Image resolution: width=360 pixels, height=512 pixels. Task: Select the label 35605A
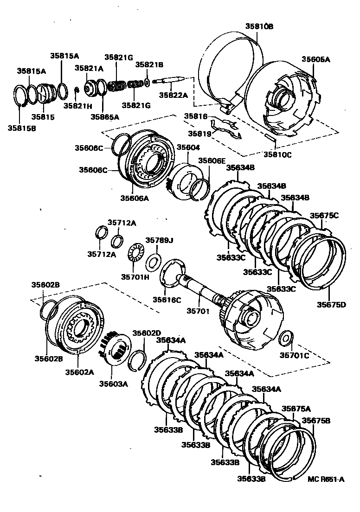[x=316, y=59]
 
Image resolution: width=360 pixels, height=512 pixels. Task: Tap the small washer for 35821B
[x=147, y=83]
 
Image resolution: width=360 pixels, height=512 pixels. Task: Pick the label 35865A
[x=104, y=117]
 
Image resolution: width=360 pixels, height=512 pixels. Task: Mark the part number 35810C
[x=277, y=155]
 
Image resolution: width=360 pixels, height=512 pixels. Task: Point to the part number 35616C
[x=167, y=300]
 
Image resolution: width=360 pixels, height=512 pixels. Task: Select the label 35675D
[x=331, y=304]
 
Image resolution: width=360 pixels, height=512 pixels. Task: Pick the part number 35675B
[x=316, y=420]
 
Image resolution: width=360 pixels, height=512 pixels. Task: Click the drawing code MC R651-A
[x=326, y=480]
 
